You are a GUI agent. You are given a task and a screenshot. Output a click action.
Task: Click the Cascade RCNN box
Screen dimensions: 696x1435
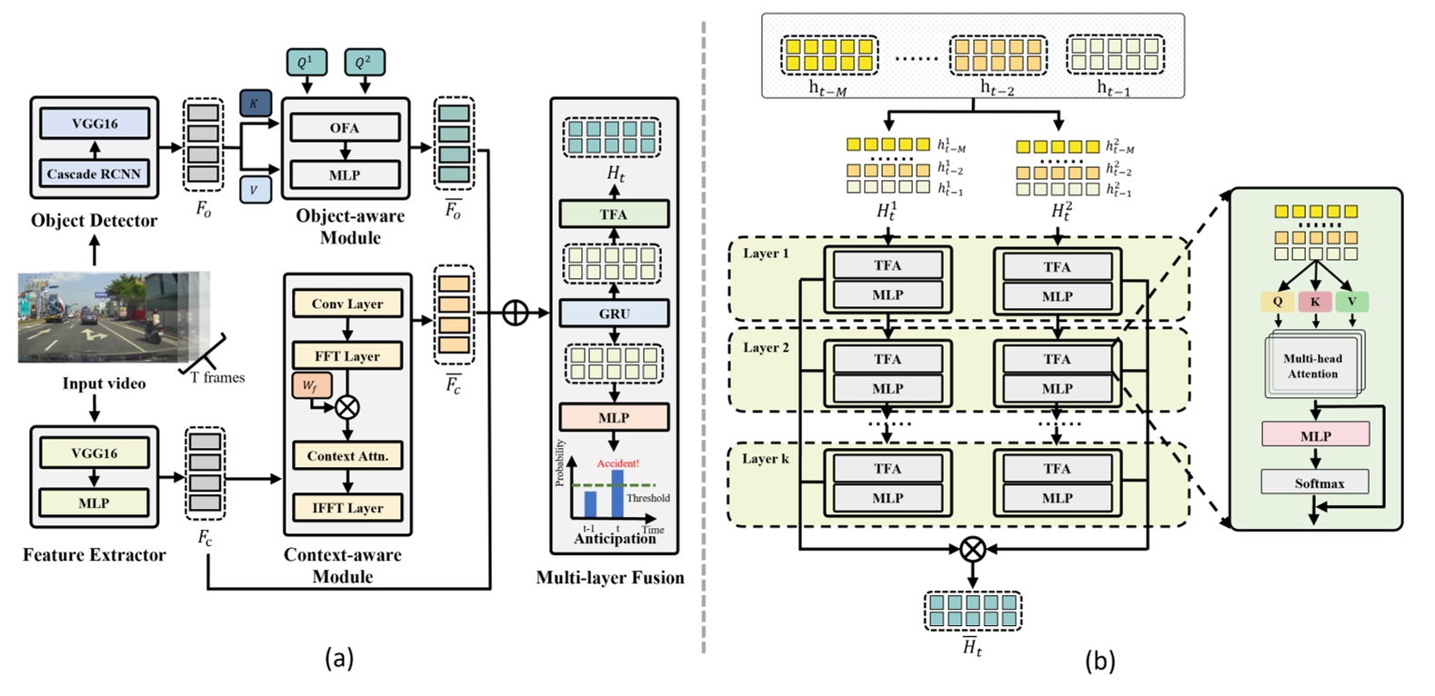click(94, 174)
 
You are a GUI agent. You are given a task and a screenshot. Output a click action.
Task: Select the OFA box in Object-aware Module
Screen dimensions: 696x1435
click(345, 127)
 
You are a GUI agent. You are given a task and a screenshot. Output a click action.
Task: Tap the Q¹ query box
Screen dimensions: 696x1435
click(306, 62)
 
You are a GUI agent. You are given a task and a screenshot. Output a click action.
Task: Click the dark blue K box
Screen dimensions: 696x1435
click(255, 104)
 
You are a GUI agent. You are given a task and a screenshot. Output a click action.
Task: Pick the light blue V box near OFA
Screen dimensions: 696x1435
click(255, 190)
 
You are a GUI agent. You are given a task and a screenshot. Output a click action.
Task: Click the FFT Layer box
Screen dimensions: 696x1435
click(347, 355)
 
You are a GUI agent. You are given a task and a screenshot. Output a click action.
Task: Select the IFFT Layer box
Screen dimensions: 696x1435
click(347, 507)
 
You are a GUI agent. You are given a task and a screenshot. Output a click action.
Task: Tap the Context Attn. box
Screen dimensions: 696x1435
click(347, 455)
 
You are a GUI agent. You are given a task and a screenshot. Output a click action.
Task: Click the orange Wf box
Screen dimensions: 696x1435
click(309, 385)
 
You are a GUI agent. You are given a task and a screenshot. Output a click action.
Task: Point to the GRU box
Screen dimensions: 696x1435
click(614, 313)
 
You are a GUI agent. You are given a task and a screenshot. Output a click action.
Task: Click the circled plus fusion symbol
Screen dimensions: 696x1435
click(516, 313)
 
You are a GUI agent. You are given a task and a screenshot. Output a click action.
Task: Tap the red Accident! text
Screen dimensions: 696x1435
click(617, 463)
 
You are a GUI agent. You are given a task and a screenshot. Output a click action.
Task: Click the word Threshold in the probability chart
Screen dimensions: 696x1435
click(647, 498)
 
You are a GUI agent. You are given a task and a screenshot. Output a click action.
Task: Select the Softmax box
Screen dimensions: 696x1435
click(1315, 482)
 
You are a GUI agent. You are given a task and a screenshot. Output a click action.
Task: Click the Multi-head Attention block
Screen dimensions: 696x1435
click(1312, 365)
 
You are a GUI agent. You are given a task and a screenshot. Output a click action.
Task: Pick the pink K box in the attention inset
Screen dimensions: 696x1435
click(1315, 301)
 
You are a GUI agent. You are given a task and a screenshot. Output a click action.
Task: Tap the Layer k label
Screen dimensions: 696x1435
click(766, 459)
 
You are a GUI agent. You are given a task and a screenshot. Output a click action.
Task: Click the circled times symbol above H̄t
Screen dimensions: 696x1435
click(973, 549)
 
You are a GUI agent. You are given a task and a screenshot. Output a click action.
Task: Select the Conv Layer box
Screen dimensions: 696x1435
click(347, 303)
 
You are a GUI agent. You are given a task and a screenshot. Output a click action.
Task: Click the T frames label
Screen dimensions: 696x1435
click(218, 377)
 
